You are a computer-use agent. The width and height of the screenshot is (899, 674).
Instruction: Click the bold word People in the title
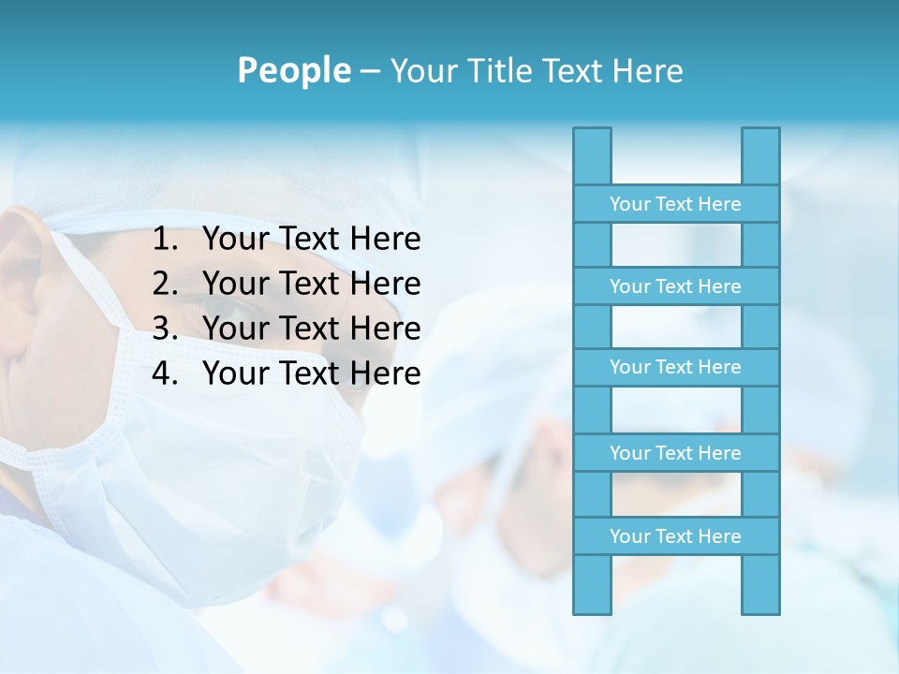pos(293,70)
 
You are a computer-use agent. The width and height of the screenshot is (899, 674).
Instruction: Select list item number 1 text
pos(311,240)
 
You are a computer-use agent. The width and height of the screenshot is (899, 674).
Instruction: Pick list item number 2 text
pos(311,284)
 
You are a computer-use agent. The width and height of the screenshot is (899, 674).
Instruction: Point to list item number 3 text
pos(311,329)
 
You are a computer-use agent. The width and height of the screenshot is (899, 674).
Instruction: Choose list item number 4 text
pos(311,374)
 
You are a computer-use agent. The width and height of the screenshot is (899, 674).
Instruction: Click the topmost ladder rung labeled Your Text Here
pos(675,204)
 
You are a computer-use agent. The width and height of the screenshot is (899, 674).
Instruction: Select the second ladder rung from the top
pos(675,286)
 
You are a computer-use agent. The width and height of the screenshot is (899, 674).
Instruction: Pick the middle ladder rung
pos(675,367)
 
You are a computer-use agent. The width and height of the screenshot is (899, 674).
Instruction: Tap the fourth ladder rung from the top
pos(675,453)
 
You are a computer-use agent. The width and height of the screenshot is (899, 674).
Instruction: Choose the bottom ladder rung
pos(675,536)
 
